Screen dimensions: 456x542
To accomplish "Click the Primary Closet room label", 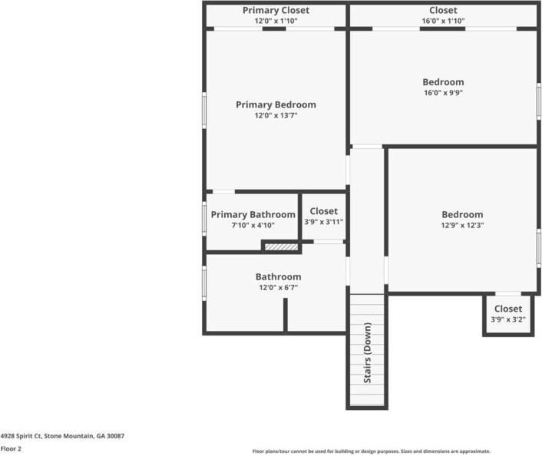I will tap(276, 10).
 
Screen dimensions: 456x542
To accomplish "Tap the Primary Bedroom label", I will tap(276, 104).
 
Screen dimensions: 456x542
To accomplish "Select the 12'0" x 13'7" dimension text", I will tap(276, 116).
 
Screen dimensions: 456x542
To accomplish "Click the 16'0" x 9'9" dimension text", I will tap(443, 93).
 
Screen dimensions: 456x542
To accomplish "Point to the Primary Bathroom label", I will tap(253, 215).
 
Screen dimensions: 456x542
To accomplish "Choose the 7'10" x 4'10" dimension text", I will tap(253, 226).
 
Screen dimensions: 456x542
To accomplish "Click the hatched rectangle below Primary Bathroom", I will tap(281, 246).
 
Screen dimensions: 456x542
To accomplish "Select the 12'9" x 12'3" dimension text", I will tap(462, 226).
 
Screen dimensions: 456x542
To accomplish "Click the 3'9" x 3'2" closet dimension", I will tap(507, 319).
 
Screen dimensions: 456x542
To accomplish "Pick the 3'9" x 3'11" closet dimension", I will tap(323, 222).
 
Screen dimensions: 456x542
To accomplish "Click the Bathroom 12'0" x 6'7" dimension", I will tap(278, 288).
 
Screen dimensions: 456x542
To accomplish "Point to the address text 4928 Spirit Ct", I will tap(62, 435).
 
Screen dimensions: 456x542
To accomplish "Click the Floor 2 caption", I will tap(11, 449).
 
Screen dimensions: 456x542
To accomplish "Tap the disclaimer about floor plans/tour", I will tap(372, 451).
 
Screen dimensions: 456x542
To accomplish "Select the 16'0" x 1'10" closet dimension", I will tap(443, 21).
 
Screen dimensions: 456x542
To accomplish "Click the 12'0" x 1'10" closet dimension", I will tap(276, 21).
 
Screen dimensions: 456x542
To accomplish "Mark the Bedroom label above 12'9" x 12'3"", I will tap(462, 215).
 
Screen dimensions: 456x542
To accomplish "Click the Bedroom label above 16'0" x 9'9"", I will tap(443, 82).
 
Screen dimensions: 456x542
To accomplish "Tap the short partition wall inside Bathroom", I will tap(285, 315).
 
